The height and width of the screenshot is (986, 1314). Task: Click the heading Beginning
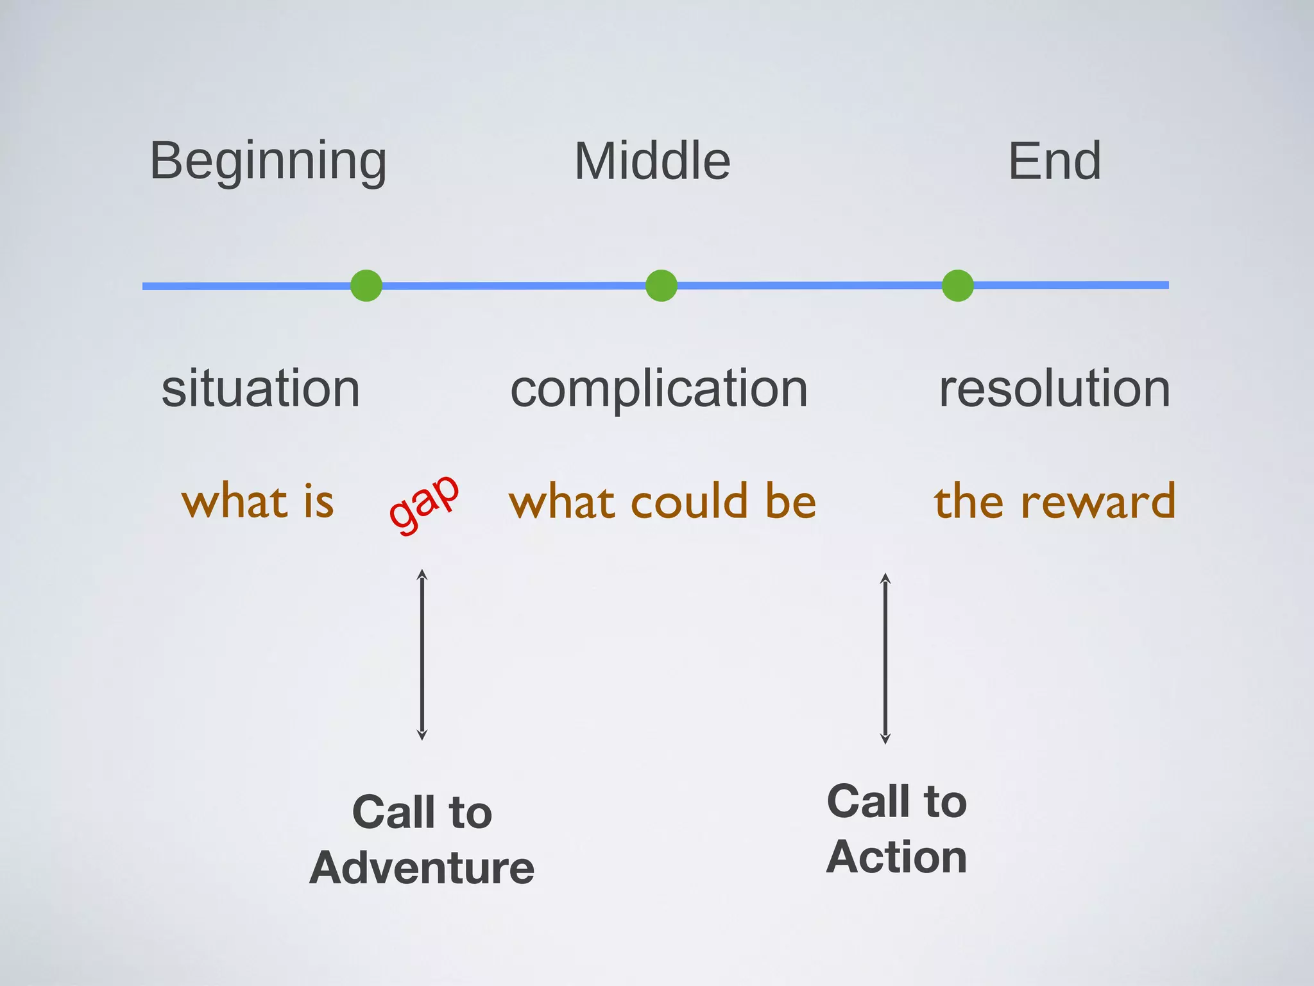[268, 162]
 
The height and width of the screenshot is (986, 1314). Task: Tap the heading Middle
[652, 162]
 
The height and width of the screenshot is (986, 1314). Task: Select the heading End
[1054, 162]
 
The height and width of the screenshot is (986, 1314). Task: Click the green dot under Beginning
[366, 286]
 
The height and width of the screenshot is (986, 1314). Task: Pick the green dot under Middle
[661, 286]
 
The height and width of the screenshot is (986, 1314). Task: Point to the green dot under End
[957, 286]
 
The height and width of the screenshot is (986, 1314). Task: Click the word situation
[260, 389]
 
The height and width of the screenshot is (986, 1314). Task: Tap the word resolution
[1054, 389]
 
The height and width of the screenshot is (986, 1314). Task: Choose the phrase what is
[258, 501]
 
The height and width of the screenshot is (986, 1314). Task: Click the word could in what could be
[690, 501]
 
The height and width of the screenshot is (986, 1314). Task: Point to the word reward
[1098, 501]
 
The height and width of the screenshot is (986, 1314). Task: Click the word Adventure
[422, 868]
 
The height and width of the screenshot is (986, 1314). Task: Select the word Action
[896, 857]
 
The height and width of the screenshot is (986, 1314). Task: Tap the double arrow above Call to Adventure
[422, 654]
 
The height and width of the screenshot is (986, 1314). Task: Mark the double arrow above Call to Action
[885, 658]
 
